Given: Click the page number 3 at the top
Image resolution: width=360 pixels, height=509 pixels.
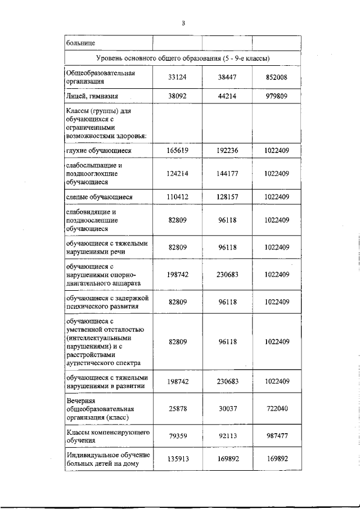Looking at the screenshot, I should (183, 23).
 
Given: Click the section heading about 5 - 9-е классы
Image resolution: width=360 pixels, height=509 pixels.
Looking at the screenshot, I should (183, 58).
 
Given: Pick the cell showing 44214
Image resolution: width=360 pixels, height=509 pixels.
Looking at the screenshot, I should (227, 96).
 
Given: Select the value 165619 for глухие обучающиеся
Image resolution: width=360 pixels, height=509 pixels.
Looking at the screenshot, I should (177, 151).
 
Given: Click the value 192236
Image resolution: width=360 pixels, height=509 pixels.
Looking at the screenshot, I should (227, 151).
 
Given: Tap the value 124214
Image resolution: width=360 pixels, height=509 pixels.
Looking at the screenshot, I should (177, 174).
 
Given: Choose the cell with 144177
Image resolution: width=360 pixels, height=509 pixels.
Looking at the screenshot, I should (227, 174).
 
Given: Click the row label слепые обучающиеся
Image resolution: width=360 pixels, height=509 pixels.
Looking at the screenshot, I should (98, 197).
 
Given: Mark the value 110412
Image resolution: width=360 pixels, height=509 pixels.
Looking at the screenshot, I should (177, 197).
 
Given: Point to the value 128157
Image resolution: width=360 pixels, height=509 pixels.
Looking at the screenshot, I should (227, 197).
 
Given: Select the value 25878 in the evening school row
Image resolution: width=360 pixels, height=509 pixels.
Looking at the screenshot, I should (177, 408).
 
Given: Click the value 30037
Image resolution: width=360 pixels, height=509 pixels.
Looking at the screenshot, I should (227, 408).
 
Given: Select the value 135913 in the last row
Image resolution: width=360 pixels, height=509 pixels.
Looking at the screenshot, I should (177, 459).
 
